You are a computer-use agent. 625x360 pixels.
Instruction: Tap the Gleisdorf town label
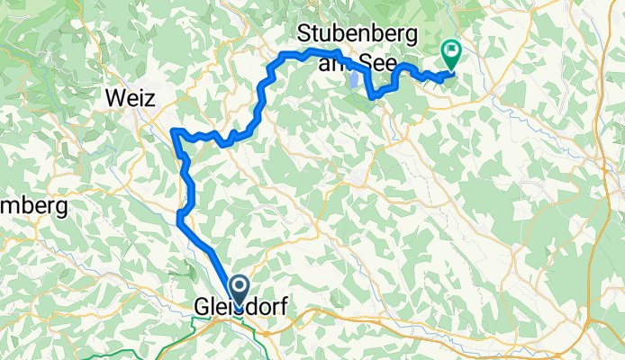240,308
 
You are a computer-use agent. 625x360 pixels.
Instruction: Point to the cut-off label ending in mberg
34,207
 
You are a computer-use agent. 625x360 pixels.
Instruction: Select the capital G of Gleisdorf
201,308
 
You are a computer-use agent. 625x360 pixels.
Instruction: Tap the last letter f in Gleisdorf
283,308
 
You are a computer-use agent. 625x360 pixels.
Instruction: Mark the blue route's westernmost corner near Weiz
172,132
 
